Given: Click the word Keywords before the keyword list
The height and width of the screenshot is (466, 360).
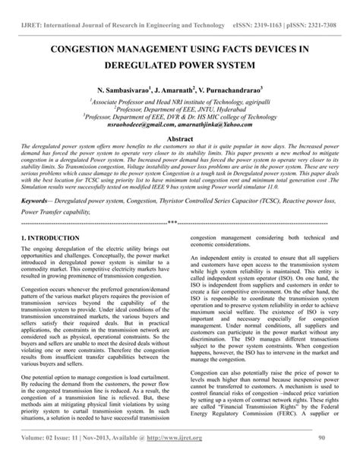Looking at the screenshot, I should (38, 201).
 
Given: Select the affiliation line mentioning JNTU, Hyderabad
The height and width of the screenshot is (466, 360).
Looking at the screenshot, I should (179, 109).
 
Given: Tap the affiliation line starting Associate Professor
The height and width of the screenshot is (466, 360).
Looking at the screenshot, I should (179, 100).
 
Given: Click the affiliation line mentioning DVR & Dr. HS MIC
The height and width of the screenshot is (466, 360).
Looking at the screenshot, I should (179, 117).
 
